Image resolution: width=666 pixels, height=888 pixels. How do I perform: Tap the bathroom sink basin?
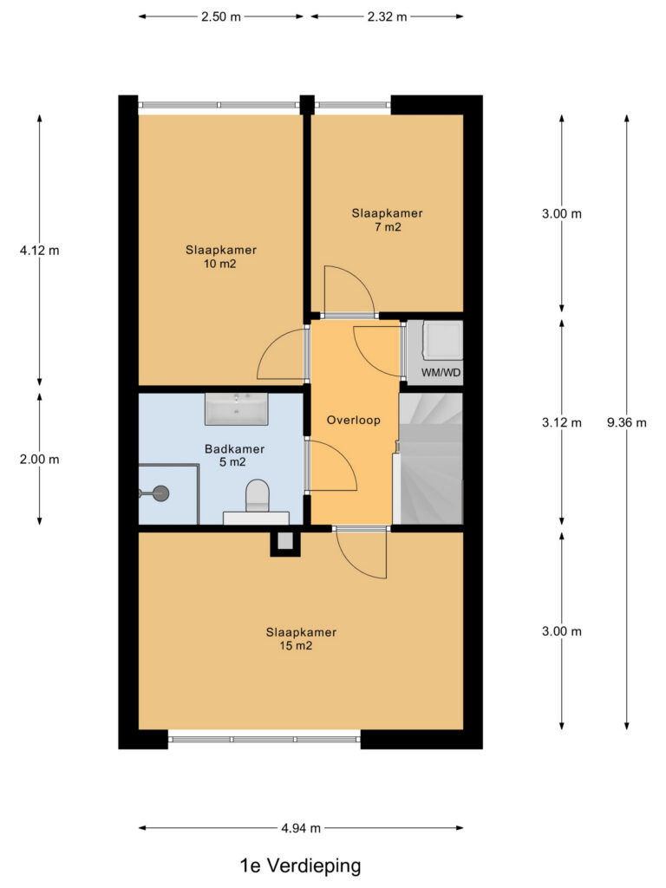pyautogui.click(x=236, y=409)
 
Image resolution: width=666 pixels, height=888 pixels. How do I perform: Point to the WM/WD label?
pyautogui.click(x=441, y=373)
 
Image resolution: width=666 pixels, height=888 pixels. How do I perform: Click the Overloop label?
pyautogui.click(x=354, y=421)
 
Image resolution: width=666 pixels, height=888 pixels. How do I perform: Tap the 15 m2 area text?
pyautogui.click(x=296, y=646)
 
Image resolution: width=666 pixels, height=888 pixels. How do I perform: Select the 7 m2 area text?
pyautogui.click(x=388, y=227)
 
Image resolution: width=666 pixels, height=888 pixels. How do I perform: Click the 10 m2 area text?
pyautogui.click(x=219, y=264)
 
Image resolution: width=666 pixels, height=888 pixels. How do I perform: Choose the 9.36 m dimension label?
pyautogui.click(x=626, y=422)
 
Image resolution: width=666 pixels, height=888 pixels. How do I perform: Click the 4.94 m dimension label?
pyautogui.click(x=301, y=828)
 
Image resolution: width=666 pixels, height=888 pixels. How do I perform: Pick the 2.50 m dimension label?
pyautogui.click(x=221, y=16)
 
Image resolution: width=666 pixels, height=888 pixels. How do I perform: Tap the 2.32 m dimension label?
pyautogui.click(x=388, y=16)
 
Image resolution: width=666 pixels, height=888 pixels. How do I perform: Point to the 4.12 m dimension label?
pyautogui.click(x=40, y=251)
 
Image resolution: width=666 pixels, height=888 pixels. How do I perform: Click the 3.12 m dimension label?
pyautogui.click(x=562, y=422)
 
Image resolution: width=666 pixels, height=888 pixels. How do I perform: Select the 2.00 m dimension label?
pyautogui.click(x=40, y=460)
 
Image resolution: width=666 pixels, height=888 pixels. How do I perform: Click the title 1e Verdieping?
pyautogui.click(x=301, y=865)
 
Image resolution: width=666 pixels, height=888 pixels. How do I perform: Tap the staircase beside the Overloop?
pyautogui.click(x=428, y=459)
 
